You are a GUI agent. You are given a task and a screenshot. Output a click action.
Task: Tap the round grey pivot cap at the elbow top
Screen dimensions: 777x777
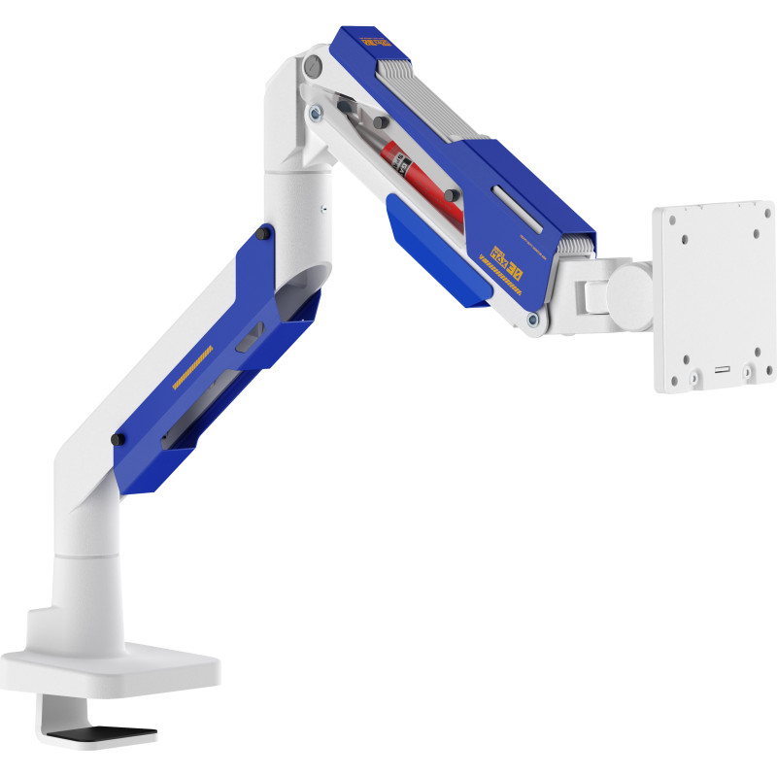(x=312, y=67)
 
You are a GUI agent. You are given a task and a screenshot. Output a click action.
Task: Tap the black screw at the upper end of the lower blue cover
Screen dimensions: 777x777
(x=263, y=234)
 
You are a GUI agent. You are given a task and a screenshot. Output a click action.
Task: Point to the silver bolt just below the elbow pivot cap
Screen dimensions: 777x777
(x=315, y=113)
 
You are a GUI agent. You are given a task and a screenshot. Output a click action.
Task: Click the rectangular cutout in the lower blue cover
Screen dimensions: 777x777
(x=248, y=339)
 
